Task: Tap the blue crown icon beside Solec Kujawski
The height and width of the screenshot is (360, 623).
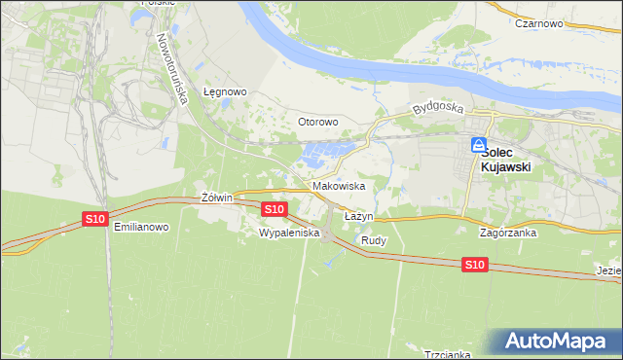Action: [x=479, y=145]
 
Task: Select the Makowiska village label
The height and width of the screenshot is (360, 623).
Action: [x=339, y=185]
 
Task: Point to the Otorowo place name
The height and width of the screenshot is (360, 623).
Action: [x=317, y=122]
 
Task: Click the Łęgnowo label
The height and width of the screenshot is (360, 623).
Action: [x=225, y=91]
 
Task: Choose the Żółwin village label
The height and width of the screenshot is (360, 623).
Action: [x=216, y=198]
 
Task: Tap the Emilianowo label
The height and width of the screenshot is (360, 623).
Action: [x=141, y=227]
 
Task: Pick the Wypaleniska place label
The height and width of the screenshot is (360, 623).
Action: [x=289, y=234]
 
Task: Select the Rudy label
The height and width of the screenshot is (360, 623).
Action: [x=374, y=239]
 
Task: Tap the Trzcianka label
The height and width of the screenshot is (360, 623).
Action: [x=449, y=354]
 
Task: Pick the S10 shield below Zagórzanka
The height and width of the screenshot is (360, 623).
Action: [x=474, y=265]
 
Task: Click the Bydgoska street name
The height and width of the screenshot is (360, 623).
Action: [x=433, y=108]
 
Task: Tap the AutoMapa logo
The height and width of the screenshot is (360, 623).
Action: [x=559, y=341]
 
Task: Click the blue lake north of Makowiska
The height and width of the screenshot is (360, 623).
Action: [x=325, y=154]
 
